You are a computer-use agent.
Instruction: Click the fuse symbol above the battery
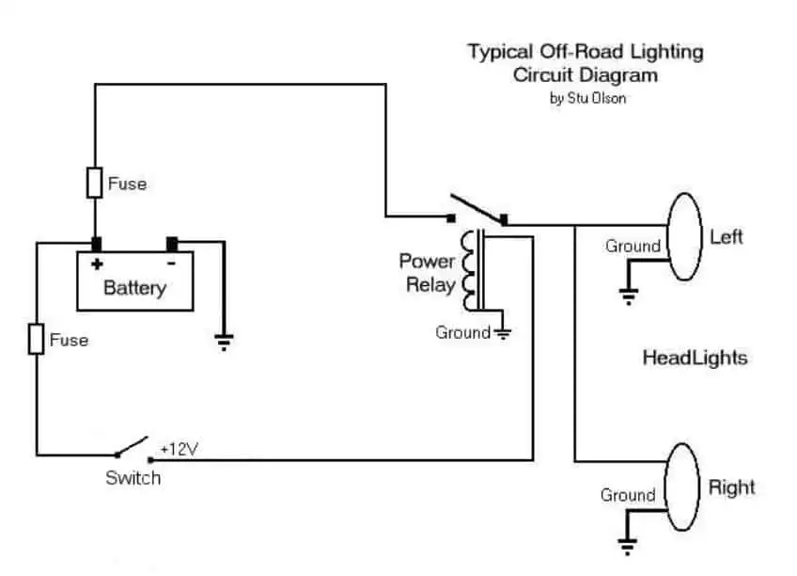(x=95, y=183)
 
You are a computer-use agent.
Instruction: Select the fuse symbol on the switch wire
(x=36, y=339)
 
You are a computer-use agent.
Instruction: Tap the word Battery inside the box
(x=134, y=288)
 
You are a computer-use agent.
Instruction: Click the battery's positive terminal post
(x=96, y=245)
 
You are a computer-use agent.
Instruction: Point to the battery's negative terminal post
(x=172, y=245)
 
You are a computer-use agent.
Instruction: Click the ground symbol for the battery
(x=224, y=342)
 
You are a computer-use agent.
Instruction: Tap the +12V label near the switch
(x=179, y=449)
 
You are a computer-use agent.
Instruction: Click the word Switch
(x=133, y=478)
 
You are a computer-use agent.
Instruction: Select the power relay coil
(x=469, y=270)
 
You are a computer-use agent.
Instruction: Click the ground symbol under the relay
(x=503, y=334)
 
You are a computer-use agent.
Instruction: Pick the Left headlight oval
(x=684, y=236)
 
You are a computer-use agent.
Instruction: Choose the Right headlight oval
(x=682, y=487)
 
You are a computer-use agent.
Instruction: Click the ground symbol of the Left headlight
(x=628, y=296)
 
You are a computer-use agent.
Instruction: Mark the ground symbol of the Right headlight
(x=627, y=547)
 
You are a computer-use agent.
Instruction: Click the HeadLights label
(x=695, y=358)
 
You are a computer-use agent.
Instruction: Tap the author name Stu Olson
(x=596, y=98)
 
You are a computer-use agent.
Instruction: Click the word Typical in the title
(x=501, y=53)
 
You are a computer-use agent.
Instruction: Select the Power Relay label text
(x=428, y=273)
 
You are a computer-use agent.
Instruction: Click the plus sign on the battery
(x=97, y=264)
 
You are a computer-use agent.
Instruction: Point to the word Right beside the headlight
(x=731, y=488)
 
